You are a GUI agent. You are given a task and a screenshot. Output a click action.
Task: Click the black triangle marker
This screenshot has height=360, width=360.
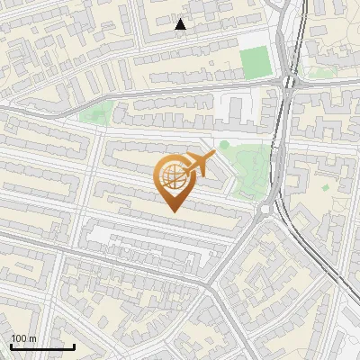pos(181,24)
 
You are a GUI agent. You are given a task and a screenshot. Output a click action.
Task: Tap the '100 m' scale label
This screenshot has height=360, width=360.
pos(23,338)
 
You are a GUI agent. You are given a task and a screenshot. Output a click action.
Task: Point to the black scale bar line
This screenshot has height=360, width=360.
pos(42,346)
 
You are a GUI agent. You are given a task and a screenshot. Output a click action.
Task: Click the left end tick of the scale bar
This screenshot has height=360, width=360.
pos(11,345)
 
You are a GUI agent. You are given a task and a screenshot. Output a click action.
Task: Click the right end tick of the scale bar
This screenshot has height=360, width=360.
pos(74,345)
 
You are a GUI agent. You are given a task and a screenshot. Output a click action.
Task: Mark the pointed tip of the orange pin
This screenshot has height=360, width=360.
pos(173,211)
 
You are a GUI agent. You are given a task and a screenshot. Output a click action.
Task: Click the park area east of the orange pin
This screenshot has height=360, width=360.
pos(245,166)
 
